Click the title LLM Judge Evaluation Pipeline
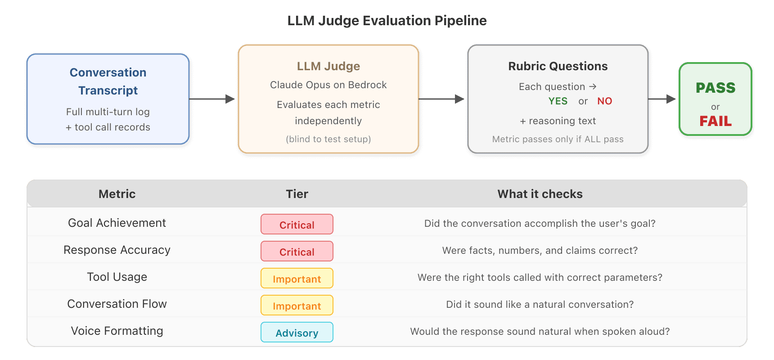click(387, 21)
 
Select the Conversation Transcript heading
click(108, 81)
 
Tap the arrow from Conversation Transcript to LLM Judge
click(212, 99)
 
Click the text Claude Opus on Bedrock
click(328, 85)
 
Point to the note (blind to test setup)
click(328, 139)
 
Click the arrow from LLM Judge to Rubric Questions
click(441, 99)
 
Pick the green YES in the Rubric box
click(558, 101)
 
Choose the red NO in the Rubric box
click(605, 101)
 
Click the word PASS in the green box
click(715, 88)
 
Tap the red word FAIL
click(715, 121)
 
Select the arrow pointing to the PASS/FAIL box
click(662, 99)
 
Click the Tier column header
click(297, 194)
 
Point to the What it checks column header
click(540, 194)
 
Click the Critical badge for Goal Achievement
click(297, 224)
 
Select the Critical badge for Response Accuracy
click(297, 251)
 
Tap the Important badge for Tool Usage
click(297, 278)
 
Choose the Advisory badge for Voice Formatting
click(297, 332)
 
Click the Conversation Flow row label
click(117, 304)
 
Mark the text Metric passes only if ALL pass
click(558, 139)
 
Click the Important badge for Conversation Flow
click(297, 305)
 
